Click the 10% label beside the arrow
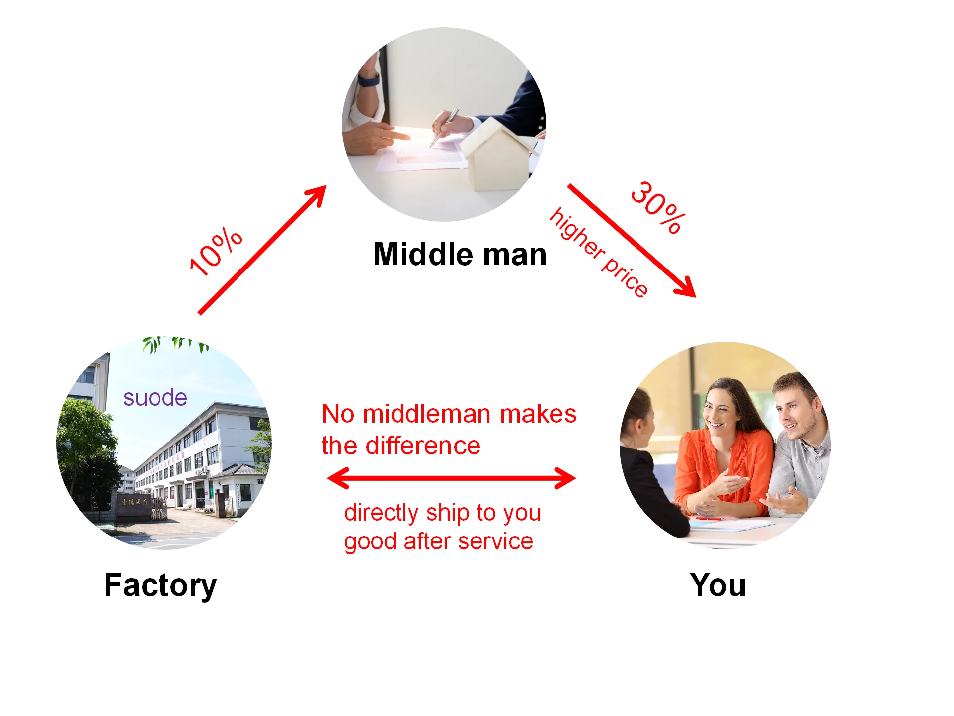coord(216,252)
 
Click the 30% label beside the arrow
coord(658,207)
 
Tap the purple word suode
coord(155,398)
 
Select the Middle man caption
coord(460,255)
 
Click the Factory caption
coord(160,585)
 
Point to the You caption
coord(717,585)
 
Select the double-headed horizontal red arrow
coord(451,478)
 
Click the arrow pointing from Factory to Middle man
coord(262,250)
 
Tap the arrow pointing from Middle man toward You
coord(631,241)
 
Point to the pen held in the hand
coord(445,126)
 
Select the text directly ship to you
coord(442,513)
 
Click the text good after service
coord(438,541)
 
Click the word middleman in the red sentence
coord(427,414)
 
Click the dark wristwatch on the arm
coord(368,80)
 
